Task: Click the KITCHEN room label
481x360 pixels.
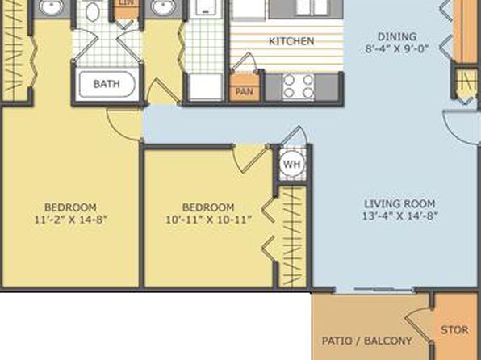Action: tap(291, 41)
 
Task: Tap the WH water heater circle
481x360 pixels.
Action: tap(291, 164)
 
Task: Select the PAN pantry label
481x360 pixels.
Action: tap(245, 91)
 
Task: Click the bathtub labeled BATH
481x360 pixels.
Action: tap(107, 84)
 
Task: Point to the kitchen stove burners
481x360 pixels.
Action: tap(299, 86)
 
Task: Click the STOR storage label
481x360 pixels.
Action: tap(454, 330)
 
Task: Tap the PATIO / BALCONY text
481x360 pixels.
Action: tap(366, 341)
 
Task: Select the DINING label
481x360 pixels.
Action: tap(397, 36)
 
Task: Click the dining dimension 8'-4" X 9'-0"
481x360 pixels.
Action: tap(397, 48)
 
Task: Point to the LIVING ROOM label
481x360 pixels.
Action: tap(399, 203)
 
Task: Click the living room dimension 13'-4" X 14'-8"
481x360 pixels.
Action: tap(399, 216)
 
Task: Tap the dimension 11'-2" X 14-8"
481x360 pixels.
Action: tap(71, 220)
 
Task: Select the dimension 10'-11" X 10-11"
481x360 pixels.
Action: tap(208, 220)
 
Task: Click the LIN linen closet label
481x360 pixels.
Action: tap(126, 2)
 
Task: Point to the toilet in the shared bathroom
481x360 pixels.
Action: tap(92, 11)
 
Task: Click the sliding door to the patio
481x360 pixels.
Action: tap(374, 290)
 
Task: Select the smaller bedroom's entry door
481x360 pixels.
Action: tap(251, 160)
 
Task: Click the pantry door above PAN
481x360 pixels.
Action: tap(244, 63)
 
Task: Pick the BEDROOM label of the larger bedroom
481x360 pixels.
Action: tap(70, 207)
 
